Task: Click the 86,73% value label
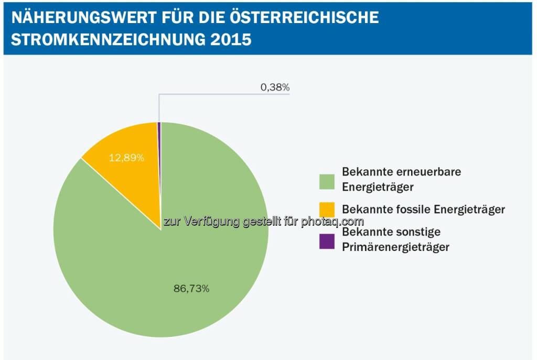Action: click(191, 288)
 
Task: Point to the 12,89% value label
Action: click(126, 157)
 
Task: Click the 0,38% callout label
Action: click(275, 88)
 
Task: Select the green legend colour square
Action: click(327, 181)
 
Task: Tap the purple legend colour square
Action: click(327, 241)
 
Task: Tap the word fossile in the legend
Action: click(409, 210)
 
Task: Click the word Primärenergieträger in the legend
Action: click(395, 247)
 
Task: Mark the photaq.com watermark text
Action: click(332, 222)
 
